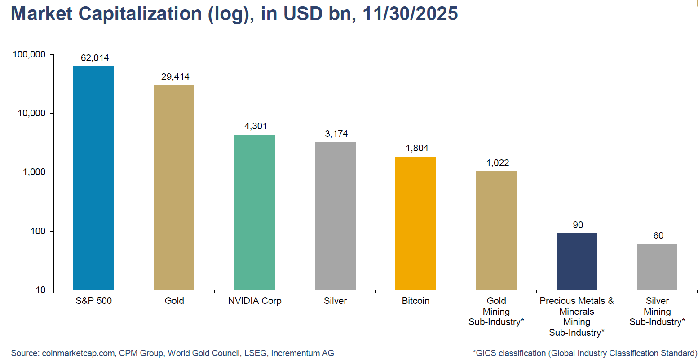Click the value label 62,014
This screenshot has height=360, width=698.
click(95, 58)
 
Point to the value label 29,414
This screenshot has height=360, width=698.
click(175, 77)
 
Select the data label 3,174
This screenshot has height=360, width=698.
click(336, 134)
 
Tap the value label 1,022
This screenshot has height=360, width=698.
click(498, 163)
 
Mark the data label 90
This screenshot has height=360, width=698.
click(578, 225)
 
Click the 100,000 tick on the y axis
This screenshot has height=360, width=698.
click(29, 54)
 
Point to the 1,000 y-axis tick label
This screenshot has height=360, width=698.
click(35, 172)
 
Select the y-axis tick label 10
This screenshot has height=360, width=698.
click(41, 290)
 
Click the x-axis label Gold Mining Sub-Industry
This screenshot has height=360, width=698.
click(496, 311)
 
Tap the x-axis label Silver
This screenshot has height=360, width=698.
click(336, 301)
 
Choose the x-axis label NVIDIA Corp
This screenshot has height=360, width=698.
click(255, 301)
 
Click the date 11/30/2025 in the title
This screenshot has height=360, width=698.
click(410, 14)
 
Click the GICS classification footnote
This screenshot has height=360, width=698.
click(585, 353)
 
